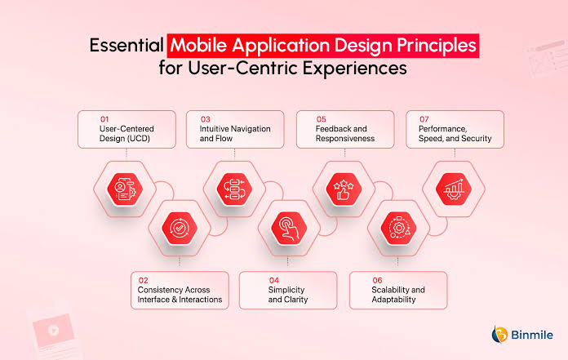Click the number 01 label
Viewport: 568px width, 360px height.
(x=104, y=119)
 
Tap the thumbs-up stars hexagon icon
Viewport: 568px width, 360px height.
(x=344, y=189)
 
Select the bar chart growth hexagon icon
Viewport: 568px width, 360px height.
(x=454, y=189)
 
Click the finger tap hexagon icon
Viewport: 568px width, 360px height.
(x=289, y=229)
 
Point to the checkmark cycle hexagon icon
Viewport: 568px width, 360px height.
(x=180, y=229)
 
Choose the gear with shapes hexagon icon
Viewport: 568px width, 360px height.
(x=398, y=229)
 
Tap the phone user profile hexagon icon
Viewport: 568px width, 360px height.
(x=125, y=189)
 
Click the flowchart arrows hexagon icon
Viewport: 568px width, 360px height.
(x=234, y=189)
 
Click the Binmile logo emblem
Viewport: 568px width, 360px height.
(x=499, y=334)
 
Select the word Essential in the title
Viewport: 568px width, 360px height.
(x=126, y=46)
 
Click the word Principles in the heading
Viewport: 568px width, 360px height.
(x=436, y=46)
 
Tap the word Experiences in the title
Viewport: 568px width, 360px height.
(x=355, y=68)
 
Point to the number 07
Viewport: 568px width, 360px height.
(x=424, y=119)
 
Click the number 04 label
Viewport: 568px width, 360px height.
(x=274, y=280)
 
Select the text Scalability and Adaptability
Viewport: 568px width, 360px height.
(x=398, y=295)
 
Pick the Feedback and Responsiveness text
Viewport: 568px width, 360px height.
(x=345, y=133)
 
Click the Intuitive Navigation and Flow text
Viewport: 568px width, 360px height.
(x=235, y=133)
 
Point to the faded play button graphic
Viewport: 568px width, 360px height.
(x=54, y=331)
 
